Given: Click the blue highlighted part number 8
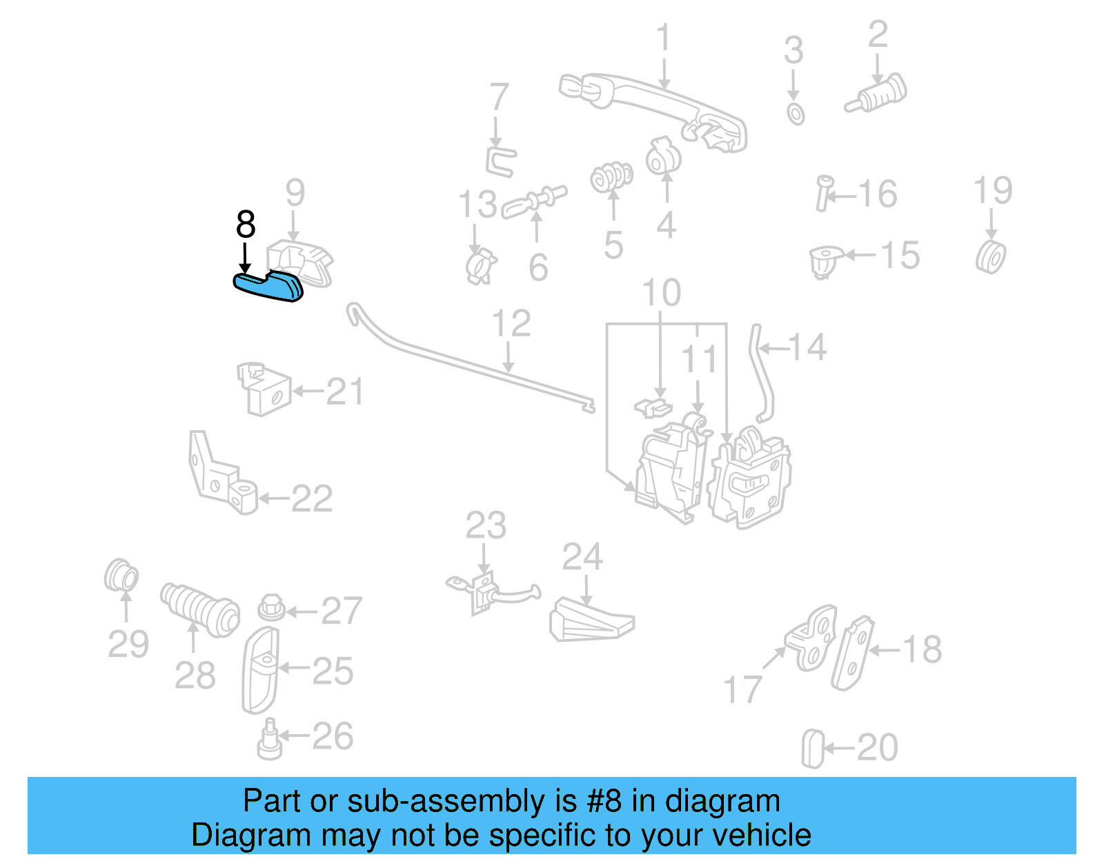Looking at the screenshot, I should [x=268, y=286].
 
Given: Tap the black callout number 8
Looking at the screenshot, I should [x=246, y=225].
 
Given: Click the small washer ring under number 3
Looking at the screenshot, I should [x=796, y=114].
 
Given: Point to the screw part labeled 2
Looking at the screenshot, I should [x=878, y=95].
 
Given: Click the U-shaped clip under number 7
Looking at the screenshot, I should [x=500, y=161].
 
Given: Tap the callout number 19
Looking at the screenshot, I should [x=992, y=190].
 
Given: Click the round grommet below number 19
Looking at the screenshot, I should [x=992, y=257].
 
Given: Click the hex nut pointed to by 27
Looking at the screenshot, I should [x=271, y=607].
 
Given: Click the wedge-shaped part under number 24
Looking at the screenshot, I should [x=590, y=620].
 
